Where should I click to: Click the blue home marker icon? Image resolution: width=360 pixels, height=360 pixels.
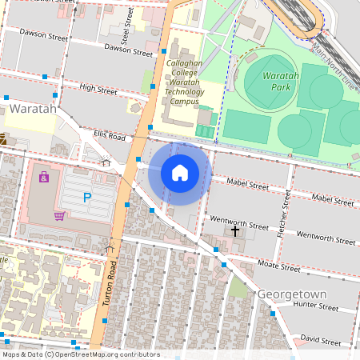(x=180, y=173)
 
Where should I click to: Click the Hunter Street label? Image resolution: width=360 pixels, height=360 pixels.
(x=317, y=305)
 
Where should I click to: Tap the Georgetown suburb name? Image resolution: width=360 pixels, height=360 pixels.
(x=292, y=294)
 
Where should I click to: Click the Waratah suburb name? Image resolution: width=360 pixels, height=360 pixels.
(x=33, y=108)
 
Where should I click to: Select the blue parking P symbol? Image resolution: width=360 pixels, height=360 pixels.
(x=87, y=197)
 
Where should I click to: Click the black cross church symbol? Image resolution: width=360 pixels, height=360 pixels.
(x=235, y=230)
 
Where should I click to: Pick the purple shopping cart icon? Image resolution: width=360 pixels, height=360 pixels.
(x=58, y=215)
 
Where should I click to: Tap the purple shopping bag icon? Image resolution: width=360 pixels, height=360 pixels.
(x=44, y=176)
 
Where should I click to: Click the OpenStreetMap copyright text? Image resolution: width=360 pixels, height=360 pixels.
(x=80, y=354)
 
